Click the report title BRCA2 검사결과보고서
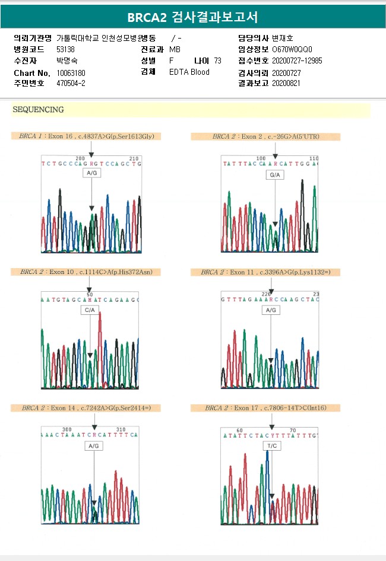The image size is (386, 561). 192,17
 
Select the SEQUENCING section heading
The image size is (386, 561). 38,110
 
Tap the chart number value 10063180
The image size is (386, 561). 71,72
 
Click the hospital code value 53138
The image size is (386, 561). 65,49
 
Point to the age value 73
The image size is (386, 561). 217,60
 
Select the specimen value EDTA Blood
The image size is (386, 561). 189,72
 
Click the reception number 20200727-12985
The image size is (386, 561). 297,60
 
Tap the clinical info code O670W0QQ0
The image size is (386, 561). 292,49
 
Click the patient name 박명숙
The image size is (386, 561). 67,60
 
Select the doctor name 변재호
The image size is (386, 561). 283,38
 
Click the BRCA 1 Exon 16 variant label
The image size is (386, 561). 86,136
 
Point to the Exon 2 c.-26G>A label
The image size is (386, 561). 265,136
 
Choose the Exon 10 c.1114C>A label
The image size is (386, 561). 86,272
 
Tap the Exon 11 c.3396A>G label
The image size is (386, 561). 265,272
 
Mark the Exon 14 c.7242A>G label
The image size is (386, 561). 86,408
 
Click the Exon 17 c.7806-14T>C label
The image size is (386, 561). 265,408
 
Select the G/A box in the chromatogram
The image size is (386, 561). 275,176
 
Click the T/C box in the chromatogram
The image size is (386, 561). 272,446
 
